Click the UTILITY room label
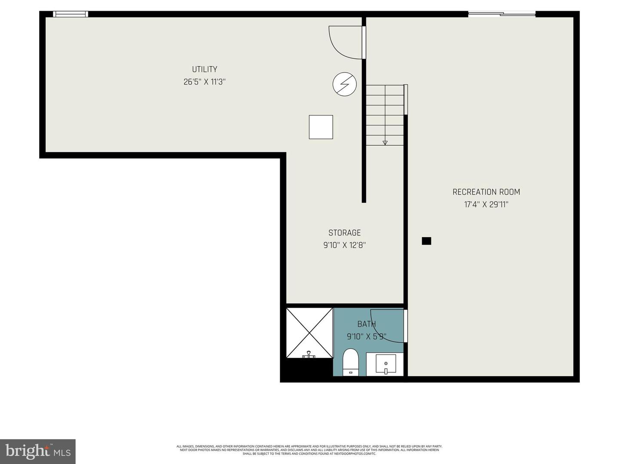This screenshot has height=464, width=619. [204, 69]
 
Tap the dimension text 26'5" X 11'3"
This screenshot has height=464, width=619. [204, 82]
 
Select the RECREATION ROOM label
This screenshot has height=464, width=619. [486, 192]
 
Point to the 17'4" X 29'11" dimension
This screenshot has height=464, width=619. [486, 205]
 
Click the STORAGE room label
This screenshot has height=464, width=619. [344, 233]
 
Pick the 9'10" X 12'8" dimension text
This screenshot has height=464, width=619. [344, 245]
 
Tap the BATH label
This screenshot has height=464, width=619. [366, 324]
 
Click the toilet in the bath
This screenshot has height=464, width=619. [351, 362]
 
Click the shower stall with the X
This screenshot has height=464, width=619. [309, 332]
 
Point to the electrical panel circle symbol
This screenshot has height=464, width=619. [345, 84]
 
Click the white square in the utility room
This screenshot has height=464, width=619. [321, 127]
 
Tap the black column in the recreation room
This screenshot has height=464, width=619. [426, 241]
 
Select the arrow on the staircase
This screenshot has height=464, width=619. [385, 143]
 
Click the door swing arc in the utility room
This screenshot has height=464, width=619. [344, 43]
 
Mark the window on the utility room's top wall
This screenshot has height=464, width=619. [70, 14]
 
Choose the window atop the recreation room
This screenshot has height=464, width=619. [501, 14]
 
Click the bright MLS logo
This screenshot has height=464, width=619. [38, 451]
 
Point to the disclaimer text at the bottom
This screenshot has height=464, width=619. [309, 450]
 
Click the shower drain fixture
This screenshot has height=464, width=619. [309, 355]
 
